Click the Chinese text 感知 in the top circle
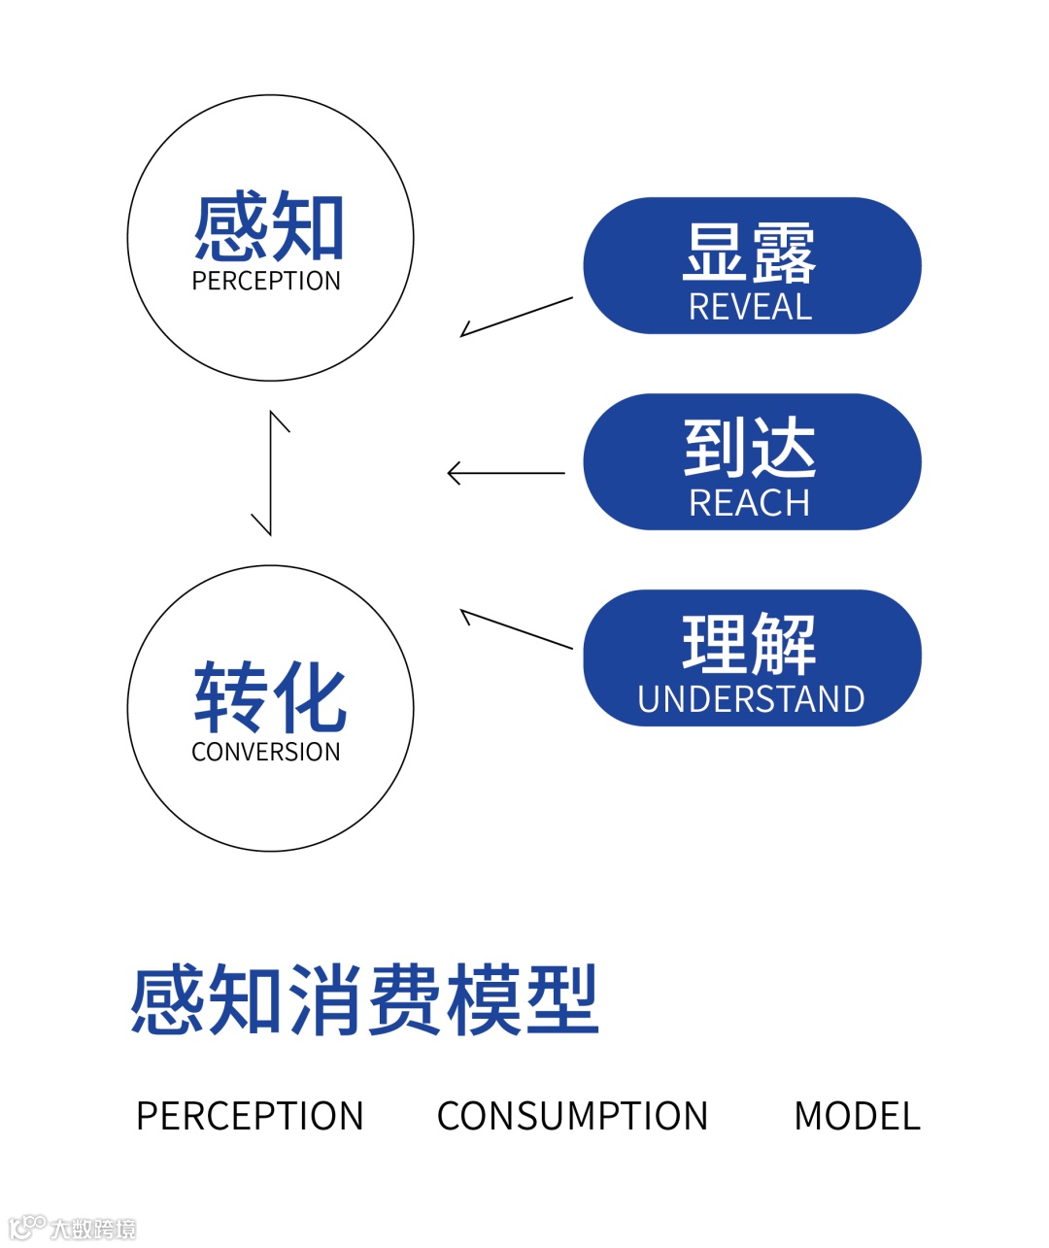coord(269,228)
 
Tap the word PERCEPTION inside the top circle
coord(266,282)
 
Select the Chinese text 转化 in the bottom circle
coord(269,697)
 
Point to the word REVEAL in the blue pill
coord(750,308)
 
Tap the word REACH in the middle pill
coord(750,503)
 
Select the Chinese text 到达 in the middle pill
coord(750,448)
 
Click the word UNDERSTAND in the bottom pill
coord(751,699)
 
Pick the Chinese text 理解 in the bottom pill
coord(750,644)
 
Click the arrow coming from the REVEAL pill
coord(516,318)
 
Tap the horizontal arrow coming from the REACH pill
coord(505,474)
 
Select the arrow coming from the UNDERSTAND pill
coord(516,628)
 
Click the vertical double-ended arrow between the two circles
coord(270,473)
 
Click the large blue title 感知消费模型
coord(364,1000)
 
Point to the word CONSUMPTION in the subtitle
coord(572,1117)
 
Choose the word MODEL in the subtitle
coord(857,1117)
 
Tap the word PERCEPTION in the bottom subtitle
coord(250,1117)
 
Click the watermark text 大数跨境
coord(93,1229)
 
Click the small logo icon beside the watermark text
coord(27,1227)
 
